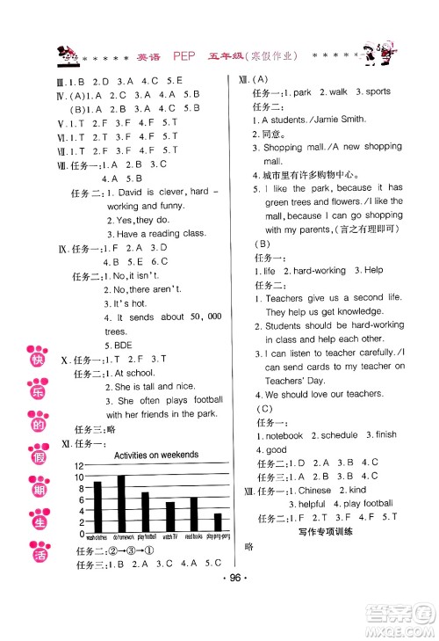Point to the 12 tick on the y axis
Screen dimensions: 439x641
coord(79,466)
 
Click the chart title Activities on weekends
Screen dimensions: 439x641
coord(156,455)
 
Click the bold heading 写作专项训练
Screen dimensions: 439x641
coord(327,531)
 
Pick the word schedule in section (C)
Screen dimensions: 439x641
coord(338,434)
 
